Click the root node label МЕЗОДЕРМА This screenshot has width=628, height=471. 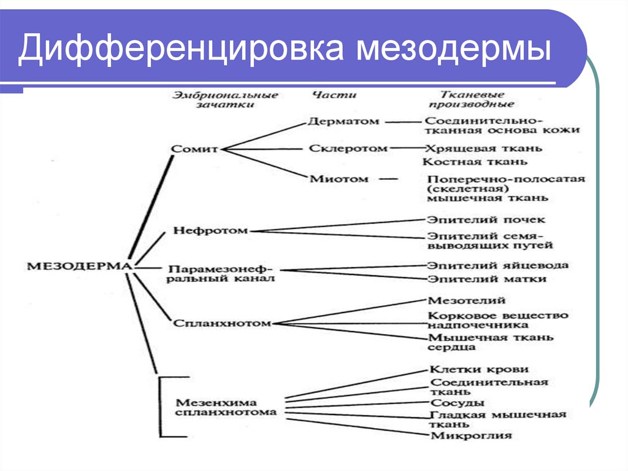point(79,265)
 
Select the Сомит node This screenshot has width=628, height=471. point(194,149)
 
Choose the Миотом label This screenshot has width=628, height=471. point(339,179)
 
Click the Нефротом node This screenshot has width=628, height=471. point(210,231)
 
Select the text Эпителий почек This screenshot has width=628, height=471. point(485,219)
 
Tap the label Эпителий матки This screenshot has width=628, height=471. point(486,278)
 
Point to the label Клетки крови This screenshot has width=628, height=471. point(479,369)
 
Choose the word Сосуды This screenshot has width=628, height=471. point(457,403)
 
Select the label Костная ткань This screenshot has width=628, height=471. point(475,162)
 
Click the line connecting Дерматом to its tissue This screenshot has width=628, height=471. point(402,122)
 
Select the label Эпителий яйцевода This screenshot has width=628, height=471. point(498,265)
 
